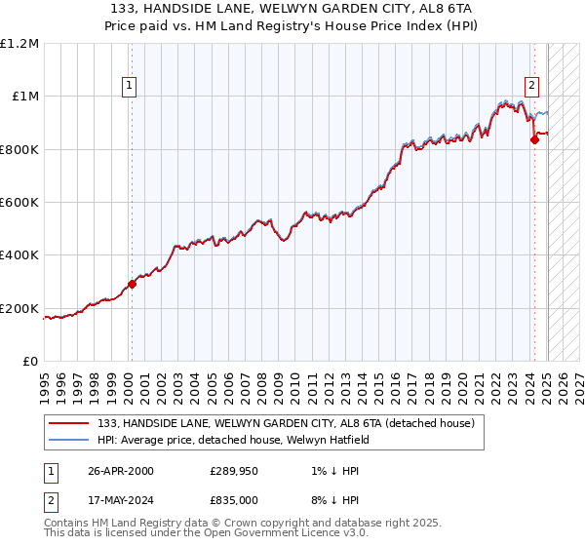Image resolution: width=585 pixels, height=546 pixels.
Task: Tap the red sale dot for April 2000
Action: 132,285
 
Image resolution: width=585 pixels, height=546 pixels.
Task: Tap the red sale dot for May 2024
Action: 534,139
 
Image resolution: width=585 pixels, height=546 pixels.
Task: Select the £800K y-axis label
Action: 19,149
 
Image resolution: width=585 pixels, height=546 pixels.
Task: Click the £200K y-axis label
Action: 19,309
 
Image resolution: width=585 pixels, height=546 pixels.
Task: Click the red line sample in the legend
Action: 69,423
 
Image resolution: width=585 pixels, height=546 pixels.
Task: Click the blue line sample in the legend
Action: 69,440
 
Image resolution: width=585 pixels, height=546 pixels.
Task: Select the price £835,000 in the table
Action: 234,499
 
